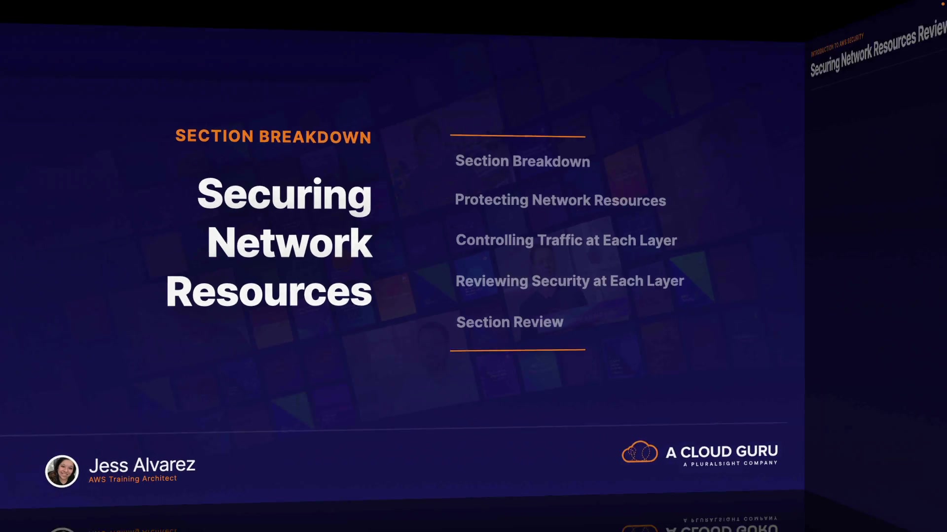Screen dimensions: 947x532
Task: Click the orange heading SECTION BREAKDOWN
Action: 273,136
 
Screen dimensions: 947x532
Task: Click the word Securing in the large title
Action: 284,195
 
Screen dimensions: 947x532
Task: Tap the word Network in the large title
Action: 290,243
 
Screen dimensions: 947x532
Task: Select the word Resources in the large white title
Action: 269,292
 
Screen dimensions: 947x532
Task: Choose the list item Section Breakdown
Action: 522,161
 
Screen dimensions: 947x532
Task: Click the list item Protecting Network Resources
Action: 560,200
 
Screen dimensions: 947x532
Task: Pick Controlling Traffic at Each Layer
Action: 566,240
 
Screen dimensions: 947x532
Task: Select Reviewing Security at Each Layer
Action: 569,281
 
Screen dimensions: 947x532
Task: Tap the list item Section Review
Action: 510,322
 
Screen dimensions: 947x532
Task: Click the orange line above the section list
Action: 517,135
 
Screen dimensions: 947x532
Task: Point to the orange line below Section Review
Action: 517,350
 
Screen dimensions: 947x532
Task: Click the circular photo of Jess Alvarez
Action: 62,471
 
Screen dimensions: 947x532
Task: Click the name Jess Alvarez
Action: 142,465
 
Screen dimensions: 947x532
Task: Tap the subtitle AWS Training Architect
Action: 133,479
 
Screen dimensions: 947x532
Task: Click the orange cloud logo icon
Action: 640,452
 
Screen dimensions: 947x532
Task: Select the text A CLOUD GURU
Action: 722,451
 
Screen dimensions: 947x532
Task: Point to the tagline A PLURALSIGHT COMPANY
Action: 730,464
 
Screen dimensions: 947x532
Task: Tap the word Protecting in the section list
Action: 491,200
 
